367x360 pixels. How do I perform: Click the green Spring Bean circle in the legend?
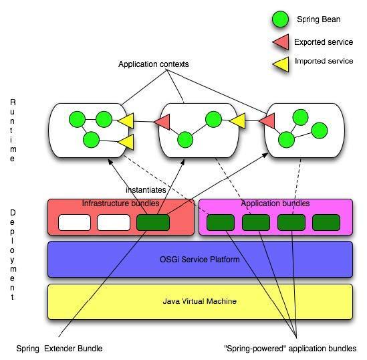(280, 19)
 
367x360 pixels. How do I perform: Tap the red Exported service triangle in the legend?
(282, 42)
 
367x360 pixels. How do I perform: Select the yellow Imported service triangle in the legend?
(282, 64)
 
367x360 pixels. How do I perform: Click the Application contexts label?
(154, 64)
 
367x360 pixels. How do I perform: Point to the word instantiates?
(146, 190)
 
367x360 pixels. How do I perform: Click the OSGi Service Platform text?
(200, 260)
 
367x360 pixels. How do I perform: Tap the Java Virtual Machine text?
(200, 301)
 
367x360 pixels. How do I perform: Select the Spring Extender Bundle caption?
(59, 349)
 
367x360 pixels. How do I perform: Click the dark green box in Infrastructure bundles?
(153, 223)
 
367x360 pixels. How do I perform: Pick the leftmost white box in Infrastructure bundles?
(74, 223)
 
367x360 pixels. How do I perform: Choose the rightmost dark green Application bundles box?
(326, 223)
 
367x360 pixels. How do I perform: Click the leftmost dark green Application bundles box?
(221, 223)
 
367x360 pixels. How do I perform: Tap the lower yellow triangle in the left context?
(126, 142)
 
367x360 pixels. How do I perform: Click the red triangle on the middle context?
(163, 122)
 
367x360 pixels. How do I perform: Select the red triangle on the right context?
(268, 121)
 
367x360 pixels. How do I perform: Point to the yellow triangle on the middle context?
(238, 121)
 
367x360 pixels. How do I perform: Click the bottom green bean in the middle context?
(185, 140)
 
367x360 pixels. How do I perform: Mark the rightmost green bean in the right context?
(320, 130)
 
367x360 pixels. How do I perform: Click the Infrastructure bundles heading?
(120, 203)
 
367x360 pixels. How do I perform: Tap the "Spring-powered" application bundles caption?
(290, 349)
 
